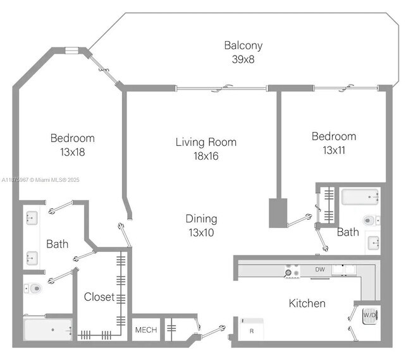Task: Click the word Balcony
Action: tap(243, 45)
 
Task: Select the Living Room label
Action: tap(205, 141)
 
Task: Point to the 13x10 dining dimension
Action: tap(201, 232)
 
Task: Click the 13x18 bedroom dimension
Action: tap(72, 152)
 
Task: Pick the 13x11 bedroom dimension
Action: tap(333, 150)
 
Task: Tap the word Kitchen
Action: tap(307, 303)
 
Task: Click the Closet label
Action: tap(99, 296)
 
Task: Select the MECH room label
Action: tap(146, 330)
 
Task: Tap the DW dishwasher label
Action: tap(321, 270)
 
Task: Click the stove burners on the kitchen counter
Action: tap(292, 270)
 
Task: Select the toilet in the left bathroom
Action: tap(34, 289)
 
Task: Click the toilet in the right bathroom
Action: tap(371, 220)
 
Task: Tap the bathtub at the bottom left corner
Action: tap(47, 329)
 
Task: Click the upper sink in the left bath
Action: tap(32, 219)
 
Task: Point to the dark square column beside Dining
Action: tap(278, 213)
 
